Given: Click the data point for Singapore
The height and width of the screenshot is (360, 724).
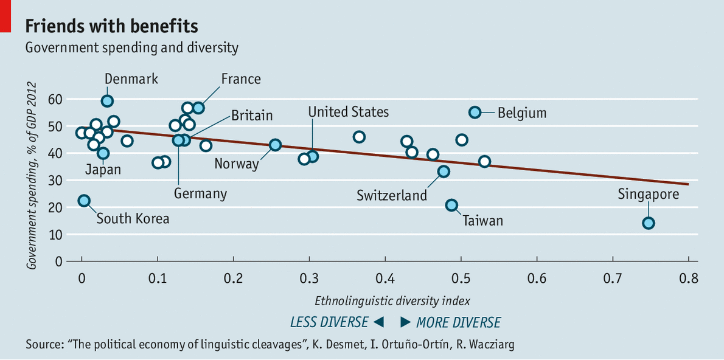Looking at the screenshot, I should [648, 223].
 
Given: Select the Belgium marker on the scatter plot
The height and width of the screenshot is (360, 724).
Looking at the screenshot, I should [475, 112].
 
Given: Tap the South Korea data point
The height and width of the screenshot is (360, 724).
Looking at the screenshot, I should [84, 201].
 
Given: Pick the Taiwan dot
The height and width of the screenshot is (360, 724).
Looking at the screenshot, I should [451, 206].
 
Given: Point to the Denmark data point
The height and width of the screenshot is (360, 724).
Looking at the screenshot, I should [107, 101].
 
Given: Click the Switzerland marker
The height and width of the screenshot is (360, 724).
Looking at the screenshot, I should [444, 171].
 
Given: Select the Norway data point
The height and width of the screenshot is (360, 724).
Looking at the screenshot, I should [275, 145].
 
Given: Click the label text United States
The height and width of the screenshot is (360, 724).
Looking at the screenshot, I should [348, 112].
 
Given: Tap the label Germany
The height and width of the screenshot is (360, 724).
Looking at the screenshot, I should [200, 194].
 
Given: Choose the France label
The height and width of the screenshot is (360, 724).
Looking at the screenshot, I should [241, 79].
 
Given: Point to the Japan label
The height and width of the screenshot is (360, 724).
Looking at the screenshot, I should [103, 170].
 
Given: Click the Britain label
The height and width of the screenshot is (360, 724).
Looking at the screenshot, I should [252, 116].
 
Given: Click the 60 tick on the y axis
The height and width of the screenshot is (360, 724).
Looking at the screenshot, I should [55, 99].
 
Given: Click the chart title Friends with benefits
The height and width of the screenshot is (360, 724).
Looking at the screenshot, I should [111, 27].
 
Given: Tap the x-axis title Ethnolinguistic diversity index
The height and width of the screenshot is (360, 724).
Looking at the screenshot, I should [392, 300].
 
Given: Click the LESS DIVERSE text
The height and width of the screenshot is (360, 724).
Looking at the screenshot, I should [329, 322].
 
